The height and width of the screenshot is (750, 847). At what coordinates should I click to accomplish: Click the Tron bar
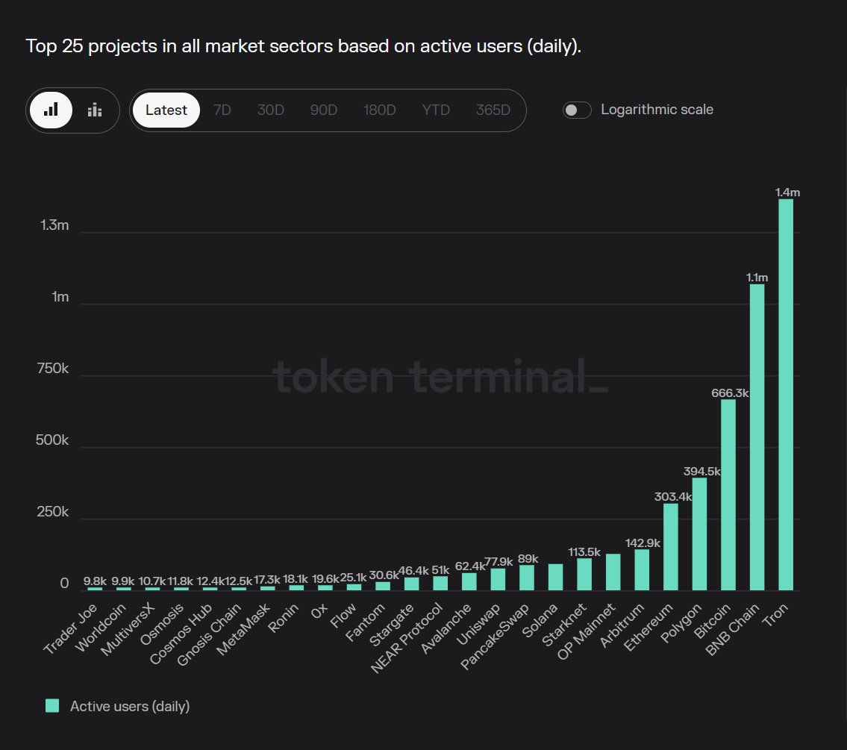(x=785, y=395)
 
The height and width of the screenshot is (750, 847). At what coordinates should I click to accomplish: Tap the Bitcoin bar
(x=728, y=496)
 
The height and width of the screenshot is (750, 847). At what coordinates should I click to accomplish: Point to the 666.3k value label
(x=728, y=393)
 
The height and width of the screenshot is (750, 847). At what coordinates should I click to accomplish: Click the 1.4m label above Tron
(x=787, y=193)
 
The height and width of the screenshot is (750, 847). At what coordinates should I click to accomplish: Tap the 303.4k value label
(x=670, y=497)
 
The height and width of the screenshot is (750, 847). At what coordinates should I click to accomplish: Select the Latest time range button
(x=166, y=110)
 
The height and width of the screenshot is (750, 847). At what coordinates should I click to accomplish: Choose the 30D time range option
(x=271, y=110)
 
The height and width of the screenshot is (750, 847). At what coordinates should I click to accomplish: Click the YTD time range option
(x=436, y=110)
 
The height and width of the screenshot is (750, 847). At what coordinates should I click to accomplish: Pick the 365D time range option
(x=493, y=110)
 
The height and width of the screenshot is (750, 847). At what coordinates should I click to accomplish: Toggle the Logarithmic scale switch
(x=577, y=110)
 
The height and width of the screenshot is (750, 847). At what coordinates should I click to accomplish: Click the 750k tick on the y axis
(x=53, y=369)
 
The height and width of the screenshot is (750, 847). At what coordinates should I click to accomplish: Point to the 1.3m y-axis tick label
(x=54, y=225)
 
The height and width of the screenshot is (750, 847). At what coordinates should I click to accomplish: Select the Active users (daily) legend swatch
(x=52, y=706)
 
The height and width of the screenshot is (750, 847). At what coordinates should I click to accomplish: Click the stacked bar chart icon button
(x=95, y=110)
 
